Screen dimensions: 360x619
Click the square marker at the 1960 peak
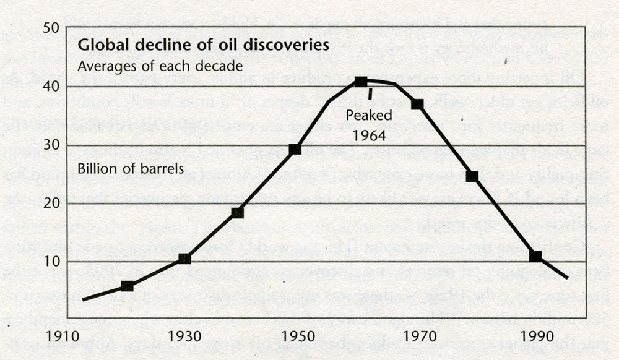361,82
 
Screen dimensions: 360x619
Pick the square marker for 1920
127,286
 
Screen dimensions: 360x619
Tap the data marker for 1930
184,259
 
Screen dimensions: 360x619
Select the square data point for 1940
237,213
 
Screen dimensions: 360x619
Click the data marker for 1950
295,149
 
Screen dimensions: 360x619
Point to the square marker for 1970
417,104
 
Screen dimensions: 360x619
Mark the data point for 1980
472,176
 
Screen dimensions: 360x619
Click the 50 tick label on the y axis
51,28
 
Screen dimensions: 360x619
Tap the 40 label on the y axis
51,87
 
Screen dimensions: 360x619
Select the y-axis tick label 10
51,261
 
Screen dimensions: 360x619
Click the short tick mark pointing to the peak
370,93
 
